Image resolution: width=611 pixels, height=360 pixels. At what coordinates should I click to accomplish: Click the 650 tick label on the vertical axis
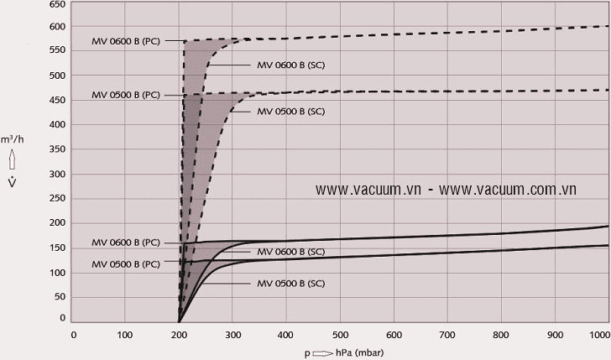57,4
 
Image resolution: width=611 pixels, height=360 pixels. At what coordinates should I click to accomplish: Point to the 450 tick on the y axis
57,100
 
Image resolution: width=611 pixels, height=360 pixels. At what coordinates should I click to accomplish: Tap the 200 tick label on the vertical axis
57,222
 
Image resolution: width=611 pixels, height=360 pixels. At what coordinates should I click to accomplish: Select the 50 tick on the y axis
60,295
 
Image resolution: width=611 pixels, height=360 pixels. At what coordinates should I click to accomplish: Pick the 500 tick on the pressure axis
340,335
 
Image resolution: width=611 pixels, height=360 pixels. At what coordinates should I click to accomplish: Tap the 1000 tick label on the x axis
600,335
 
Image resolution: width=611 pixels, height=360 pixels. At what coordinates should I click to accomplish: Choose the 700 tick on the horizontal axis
447,335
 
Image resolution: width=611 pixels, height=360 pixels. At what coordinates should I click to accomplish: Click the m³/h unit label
13,138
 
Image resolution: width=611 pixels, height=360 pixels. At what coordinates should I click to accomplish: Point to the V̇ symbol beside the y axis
12,184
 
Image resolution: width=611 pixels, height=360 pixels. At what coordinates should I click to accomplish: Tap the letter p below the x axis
307,353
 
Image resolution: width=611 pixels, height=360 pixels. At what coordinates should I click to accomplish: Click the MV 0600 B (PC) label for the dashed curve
125,40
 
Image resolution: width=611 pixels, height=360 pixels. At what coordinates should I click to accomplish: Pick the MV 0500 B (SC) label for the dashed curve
290,111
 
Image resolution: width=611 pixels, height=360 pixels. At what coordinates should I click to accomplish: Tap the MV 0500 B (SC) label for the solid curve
290,284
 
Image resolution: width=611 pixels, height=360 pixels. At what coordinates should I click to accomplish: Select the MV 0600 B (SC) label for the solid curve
290,252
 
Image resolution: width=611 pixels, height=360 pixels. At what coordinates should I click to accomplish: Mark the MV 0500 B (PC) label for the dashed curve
125,95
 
